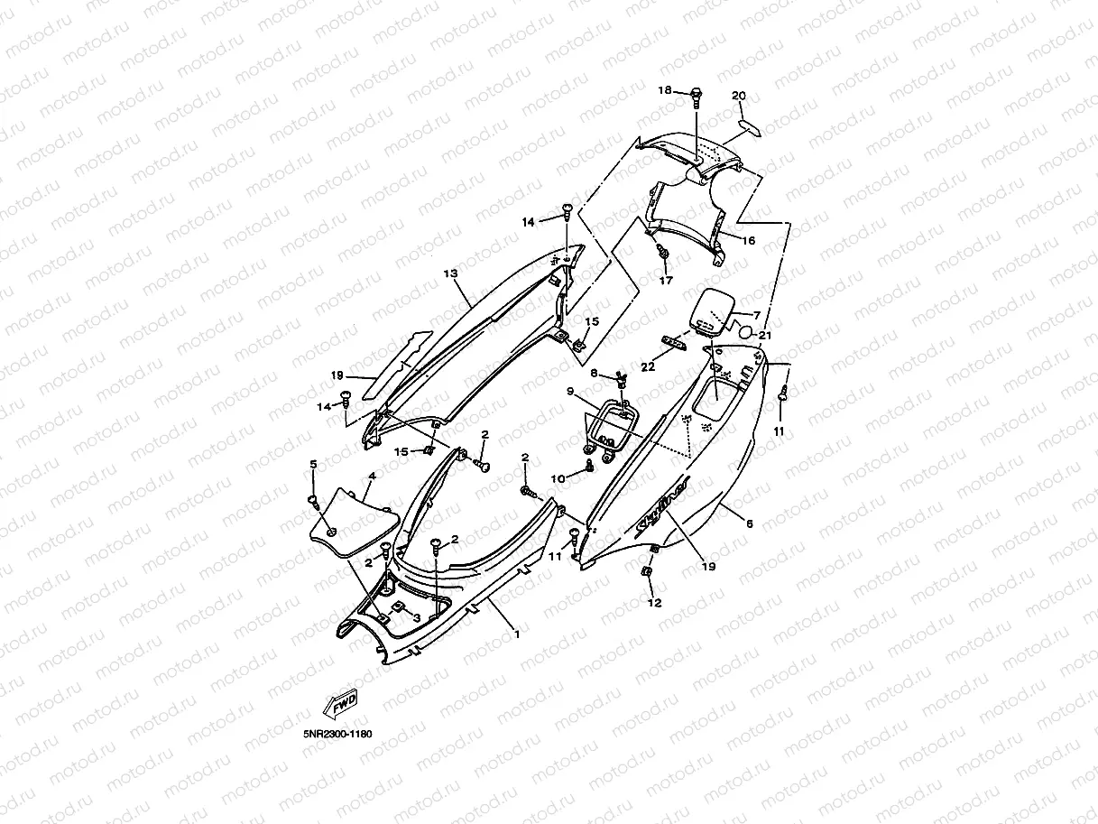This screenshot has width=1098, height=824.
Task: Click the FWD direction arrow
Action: point(339,701)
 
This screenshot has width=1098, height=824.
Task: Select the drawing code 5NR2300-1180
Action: point(337,734)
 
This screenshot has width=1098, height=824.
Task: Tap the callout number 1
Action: point(517,634)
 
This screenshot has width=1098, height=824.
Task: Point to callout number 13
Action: point(450,273)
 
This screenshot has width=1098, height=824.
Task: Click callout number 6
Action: point(749,523)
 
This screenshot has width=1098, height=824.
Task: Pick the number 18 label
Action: point(665,90)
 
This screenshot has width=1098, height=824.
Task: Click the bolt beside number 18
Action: point(697,93)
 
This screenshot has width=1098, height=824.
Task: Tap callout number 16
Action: point(748,241)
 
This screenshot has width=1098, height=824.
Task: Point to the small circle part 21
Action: point(744,332)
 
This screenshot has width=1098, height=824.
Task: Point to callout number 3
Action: point(417,617)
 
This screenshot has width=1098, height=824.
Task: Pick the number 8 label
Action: point(594,373)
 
